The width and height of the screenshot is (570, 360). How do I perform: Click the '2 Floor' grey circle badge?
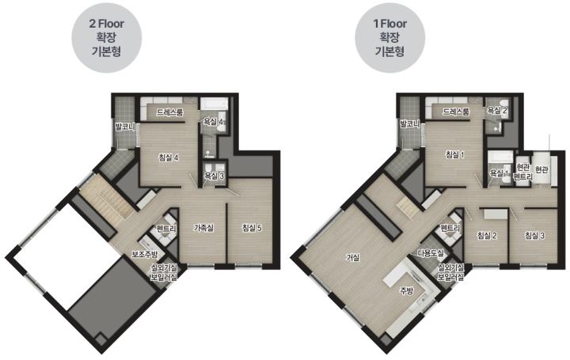(x=106, y=38)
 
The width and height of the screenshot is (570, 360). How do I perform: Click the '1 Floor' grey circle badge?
(x=390, y=38)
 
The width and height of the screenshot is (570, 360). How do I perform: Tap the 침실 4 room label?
(x=169, y=157)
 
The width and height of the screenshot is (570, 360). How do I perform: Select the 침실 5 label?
(x=252, y=228)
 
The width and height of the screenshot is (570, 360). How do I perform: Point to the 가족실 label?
(x=203, y=228)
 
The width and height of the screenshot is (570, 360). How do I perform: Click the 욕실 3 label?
(x=215, y=176)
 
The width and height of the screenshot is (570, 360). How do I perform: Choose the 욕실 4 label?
(x=213, y=122)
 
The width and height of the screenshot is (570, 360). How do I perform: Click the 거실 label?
(x=353, y=258)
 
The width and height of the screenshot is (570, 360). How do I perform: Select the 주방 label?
(x=406, y=290)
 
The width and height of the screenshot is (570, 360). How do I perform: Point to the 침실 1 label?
(x=455, y=155)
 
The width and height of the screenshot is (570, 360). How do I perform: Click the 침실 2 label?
(x=487, y=236)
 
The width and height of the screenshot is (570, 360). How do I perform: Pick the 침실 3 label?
(x=534, y=236)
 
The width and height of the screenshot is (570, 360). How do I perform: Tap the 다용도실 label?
(x=430, y=253)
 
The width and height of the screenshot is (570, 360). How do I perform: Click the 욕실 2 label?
(x=497, y=111)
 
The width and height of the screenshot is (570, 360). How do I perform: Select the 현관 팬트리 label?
(x=522, y=172)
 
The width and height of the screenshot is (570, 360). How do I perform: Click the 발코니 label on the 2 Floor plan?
(x=125, y=127)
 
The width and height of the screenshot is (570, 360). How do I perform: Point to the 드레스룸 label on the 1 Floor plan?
(x=456, y=112)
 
